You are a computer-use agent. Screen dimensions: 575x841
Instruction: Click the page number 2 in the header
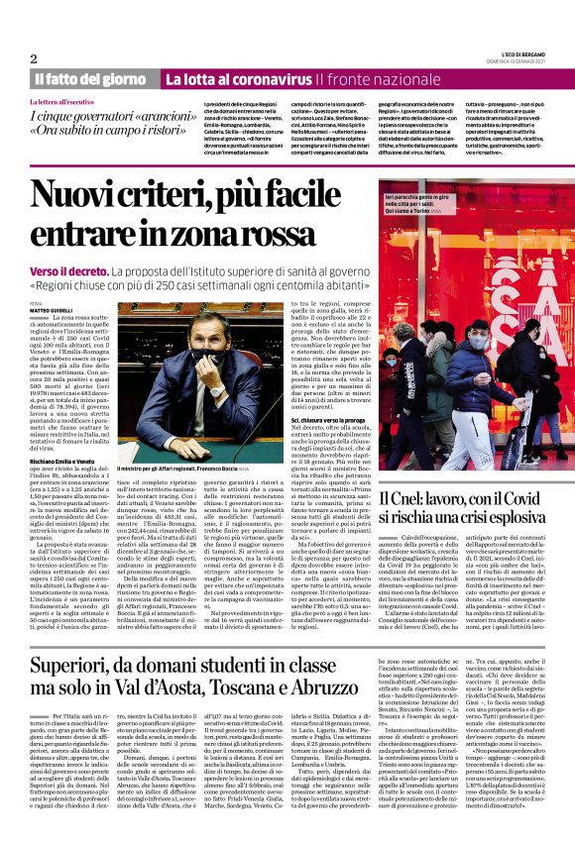(x=34, y=58)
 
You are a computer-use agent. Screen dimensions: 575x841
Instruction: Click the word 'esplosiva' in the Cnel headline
(x=531, y=517)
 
